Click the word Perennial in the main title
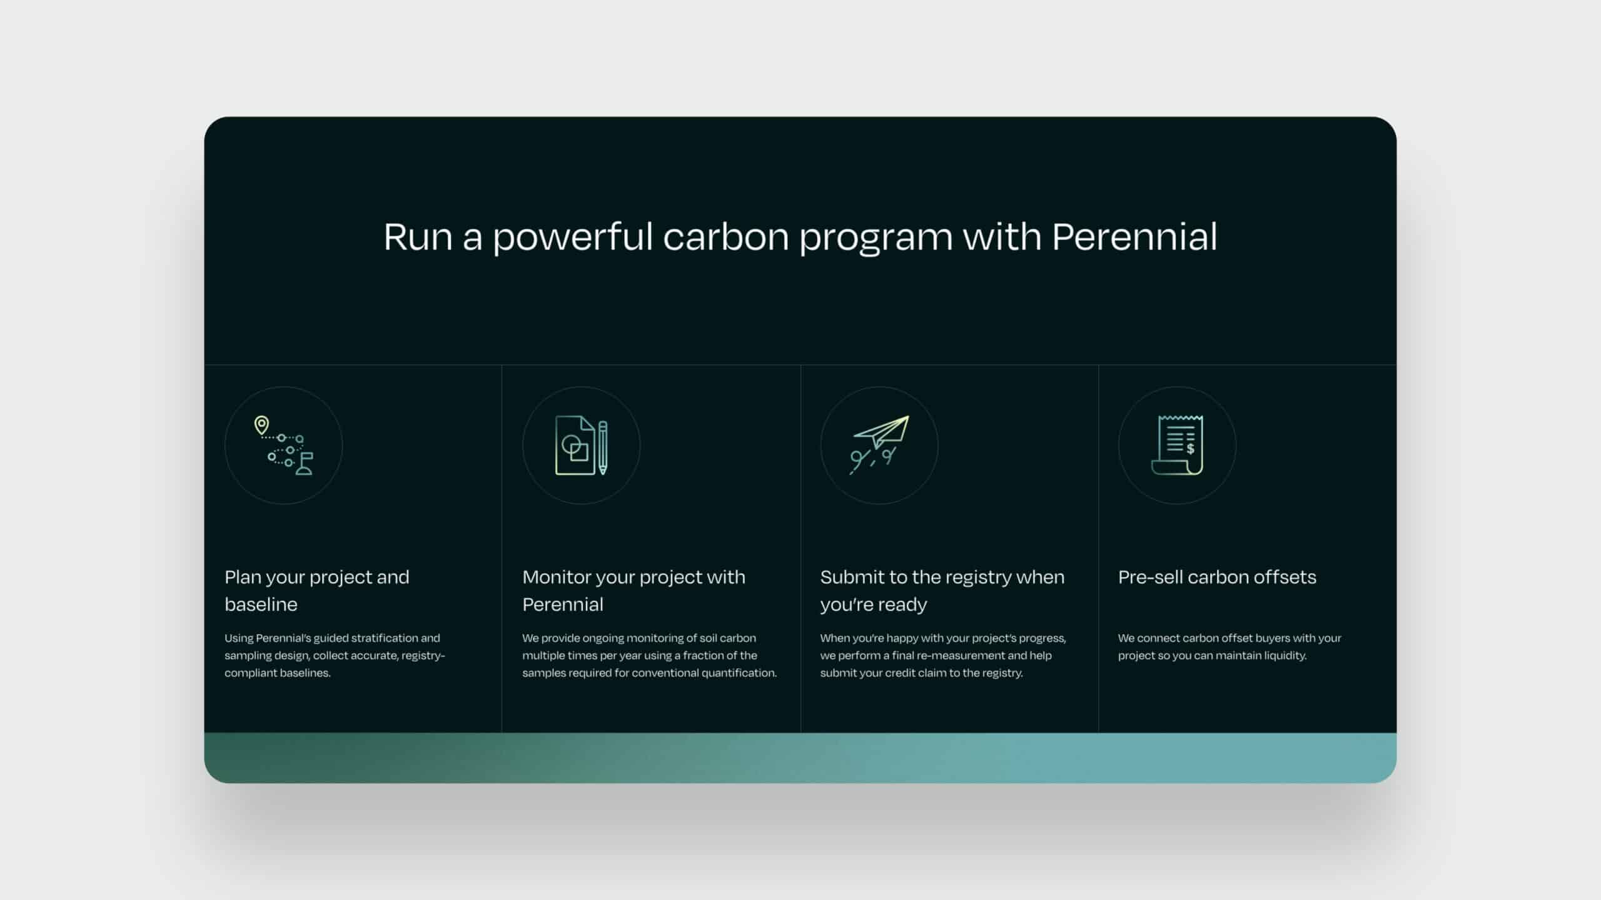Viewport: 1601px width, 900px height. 1134,236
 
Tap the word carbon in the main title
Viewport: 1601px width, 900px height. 726,237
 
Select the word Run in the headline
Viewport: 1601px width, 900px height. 418,237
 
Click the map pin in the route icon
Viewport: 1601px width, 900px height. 261,426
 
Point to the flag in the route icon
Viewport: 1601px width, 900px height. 305,464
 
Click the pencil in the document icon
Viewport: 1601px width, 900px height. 603,448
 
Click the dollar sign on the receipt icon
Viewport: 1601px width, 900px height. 1190,449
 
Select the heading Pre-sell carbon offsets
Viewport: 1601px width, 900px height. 1217,577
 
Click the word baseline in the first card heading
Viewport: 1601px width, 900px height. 261,604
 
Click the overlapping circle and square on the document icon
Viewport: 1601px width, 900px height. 575,448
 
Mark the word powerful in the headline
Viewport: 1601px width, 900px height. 572,237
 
